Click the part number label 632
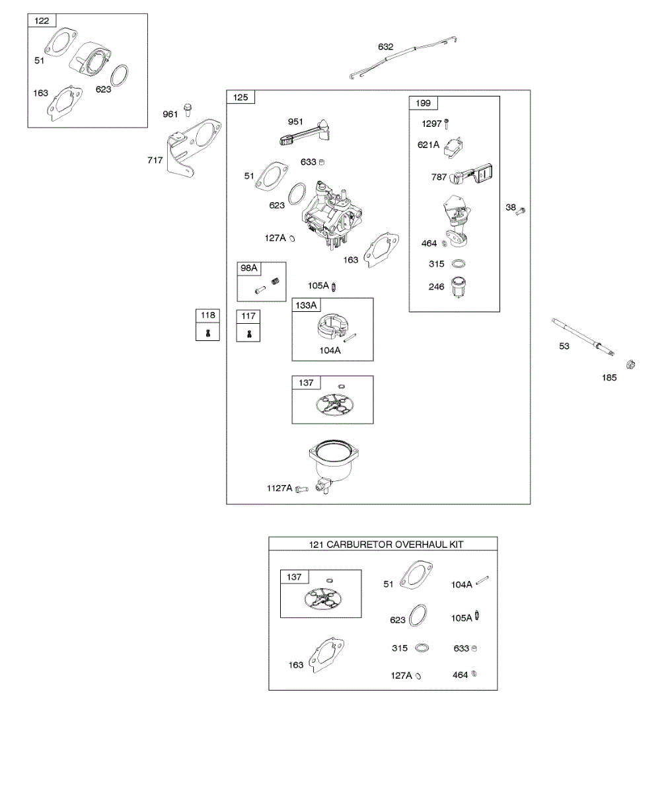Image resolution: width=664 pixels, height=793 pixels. [x=385, y=47]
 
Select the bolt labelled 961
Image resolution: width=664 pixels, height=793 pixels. [x=188, y=108]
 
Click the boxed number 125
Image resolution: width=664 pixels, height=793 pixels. [x=240, y=98]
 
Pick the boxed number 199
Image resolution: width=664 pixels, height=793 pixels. [x=423, y=103]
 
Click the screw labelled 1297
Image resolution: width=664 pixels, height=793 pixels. [x=447, y=123]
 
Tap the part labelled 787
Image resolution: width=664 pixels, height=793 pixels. [x=473, y=176]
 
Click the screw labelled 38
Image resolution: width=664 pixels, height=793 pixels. [x=521, y=211]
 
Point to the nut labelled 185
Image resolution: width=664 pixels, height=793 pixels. [x=630, y=364]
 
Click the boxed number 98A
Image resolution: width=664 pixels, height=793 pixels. [x=250, y=268]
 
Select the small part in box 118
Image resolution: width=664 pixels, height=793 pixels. [x=208, y=333]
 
